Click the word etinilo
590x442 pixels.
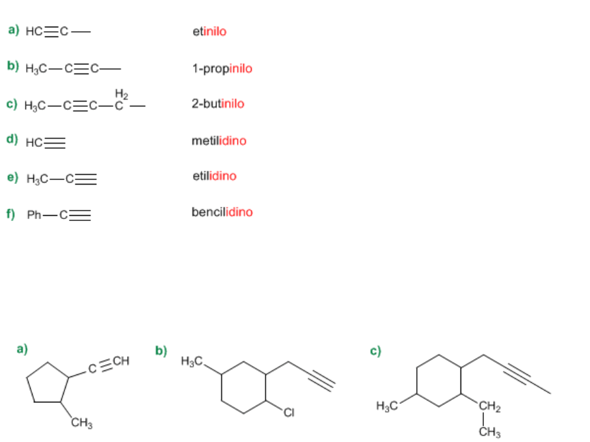(209, 31)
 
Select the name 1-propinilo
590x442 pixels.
(222, 68)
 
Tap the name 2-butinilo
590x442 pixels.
(218, 103)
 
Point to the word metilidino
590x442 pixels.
(219, 140)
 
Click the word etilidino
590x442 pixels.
(214, 176)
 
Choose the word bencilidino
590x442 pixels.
(222, 212)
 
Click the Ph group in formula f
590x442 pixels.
(34, 215)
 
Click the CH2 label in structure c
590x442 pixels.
(489, 408)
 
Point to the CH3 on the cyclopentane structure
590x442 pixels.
(81, 424)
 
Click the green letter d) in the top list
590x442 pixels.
(12, 139)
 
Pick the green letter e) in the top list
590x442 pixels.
(12, 176)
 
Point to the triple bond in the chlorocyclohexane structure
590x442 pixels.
(319, 380)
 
